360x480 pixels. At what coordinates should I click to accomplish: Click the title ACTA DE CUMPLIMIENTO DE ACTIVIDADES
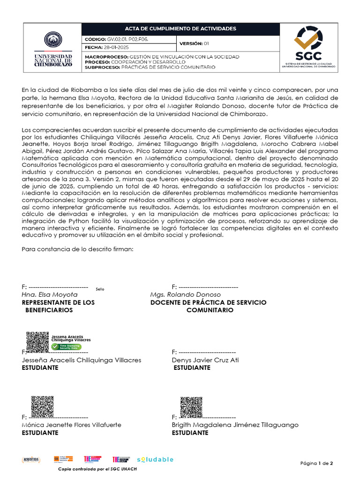(180, 29)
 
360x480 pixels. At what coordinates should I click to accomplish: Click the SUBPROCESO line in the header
(150, 67)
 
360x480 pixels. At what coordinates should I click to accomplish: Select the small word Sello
(100, 289)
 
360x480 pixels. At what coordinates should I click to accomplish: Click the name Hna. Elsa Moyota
(50, 294)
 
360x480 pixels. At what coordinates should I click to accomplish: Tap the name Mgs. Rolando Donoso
(185, 294)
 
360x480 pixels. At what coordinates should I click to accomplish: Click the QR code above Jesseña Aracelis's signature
(37, 342)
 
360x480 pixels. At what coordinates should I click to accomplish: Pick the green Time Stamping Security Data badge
(67, 346)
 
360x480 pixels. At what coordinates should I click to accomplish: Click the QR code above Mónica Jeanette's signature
(42, 406)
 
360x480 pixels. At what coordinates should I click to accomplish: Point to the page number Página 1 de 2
(316, 464)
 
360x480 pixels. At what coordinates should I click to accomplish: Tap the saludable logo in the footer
(155, 459)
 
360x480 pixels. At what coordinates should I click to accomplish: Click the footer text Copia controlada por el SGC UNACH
(97, 469)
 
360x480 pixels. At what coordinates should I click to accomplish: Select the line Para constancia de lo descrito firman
(78, 249)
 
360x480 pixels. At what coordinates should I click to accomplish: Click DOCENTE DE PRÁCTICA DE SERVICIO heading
(208, 302)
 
